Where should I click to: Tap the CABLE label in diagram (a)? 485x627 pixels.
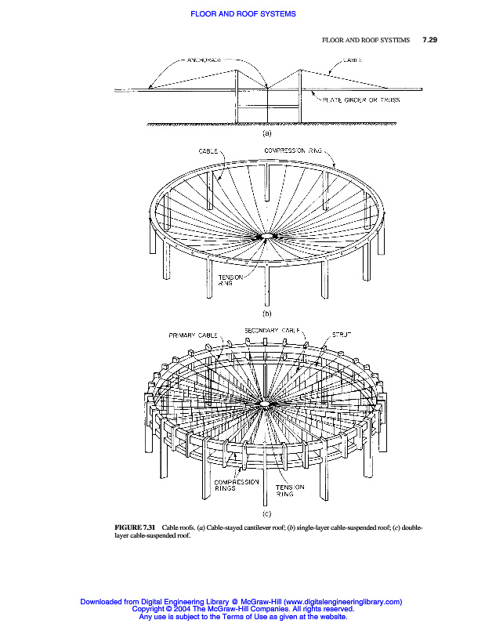(x=352, y=60)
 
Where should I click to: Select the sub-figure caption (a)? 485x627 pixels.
(x=266, y=133)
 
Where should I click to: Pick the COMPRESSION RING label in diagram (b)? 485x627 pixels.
(x=293, y=150)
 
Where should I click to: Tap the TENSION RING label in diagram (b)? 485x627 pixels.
(x=226, y=280)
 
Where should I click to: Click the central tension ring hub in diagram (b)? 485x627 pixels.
(x=266, y=235)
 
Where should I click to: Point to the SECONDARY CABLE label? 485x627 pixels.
(x=273, y=331)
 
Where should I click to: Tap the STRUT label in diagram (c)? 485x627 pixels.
(x=342, y=335)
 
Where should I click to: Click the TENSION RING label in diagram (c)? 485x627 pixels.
(x=289, y=490)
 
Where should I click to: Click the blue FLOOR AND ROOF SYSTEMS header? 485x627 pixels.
(x=242, y=13)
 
